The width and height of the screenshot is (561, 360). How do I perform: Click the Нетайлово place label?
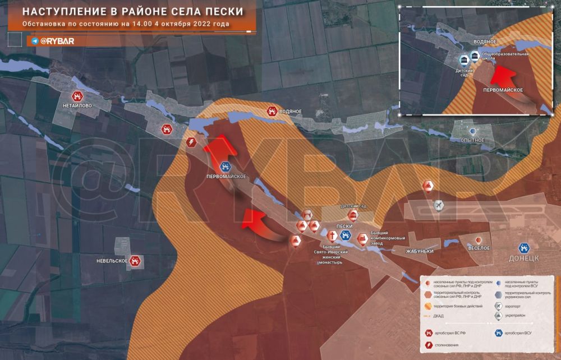(77, 105)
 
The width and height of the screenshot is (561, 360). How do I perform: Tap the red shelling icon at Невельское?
(135, 261)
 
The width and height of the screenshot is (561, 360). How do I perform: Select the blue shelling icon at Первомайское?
(225, 166)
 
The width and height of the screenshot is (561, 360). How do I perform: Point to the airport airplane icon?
(439, 206)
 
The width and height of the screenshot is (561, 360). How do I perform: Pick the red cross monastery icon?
(330, 236)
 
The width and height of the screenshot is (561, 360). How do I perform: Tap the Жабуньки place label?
(420, 251)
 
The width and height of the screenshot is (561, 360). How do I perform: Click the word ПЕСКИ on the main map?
(343, 226)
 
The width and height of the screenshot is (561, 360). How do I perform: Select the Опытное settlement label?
(472, 140)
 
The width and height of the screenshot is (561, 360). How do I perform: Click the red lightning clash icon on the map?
(191, 142)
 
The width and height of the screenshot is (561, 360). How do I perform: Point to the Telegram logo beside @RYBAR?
(35, 41)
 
